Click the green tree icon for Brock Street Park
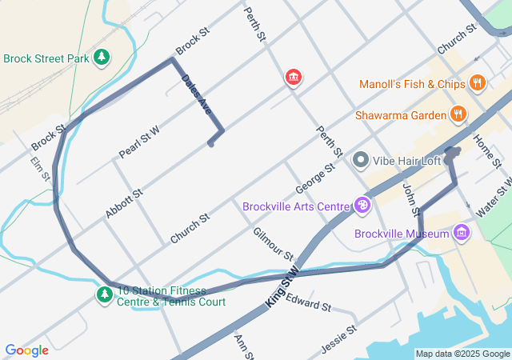pyautogui.click(x=102, y=58)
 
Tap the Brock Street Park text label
pyautogui.click(x=46, y=58)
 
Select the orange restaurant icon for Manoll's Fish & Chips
pyautogui.click(x=478, y=82)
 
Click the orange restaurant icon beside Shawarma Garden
pyautogui.click(x=458, y=114)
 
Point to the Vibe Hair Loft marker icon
pyautogui.click(x=360, y=161)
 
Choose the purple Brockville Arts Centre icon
pyautogui.click(x=362, y=206)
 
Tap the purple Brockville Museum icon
pyautogui.click(x=461, y=234)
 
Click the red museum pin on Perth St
pyautogui.click(x=294, y=77)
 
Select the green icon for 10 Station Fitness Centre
pyautogui.click(x=104, y=295)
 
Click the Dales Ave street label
pyautogui.click(x=197, y=95)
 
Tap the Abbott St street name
pyautogui.click(x=124, y=204)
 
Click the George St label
pyautogui.click(x=314, y=178)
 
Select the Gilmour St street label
pyautogui.click(x=273, y=244)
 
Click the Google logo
pyautogui.click(x=26, y=350)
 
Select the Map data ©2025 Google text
pyautogui.click(x=462, y=354)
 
